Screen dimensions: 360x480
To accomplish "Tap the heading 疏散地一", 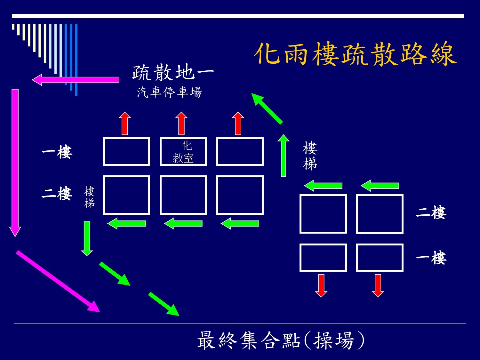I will click(173, 72).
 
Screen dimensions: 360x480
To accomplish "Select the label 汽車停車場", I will click(169, 92).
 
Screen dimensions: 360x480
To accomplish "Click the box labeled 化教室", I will click(183, 152).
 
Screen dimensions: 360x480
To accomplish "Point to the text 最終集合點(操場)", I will click(281, 340).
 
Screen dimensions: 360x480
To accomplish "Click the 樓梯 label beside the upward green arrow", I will click(310, 156).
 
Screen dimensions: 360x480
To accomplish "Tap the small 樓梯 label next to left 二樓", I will click(90, 197).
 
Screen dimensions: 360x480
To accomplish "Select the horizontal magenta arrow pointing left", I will click(76, 80).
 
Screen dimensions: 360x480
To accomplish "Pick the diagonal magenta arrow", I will click(58, 281).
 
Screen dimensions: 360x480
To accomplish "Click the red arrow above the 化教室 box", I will click(181, 124).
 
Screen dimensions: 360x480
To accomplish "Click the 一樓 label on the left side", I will click(57, 152).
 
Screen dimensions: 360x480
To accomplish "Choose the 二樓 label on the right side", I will click(431, 213).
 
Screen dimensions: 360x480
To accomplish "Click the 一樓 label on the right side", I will click(431, 258).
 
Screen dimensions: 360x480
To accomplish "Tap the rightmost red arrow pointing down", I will click(378, 285).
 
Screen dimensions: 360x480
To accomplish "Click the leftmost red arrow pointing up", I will click(125, 124).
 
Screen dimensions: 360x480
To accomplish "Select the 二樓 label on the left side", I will click(57, 194).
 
